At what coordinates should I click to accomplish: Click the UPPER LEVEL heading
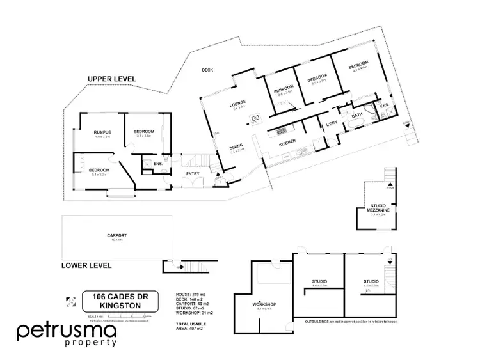[x=111, y=78]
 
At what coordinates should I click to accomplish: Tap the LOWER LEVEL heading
[x=86, y=265]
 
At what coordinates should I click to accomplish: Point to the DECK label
[x=207, y=70]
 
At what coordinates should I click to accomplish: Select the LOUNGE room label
[x=238, y=104]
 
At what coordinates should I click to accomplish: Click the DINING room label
[x=236, y=148]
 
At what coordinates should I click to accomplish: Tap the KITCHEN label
[x=287, y=144]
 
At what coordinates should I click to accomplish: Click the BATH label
[x=357, y=115]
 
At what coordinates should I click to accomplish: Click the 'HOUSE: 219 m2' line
[x=189, y=295]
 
